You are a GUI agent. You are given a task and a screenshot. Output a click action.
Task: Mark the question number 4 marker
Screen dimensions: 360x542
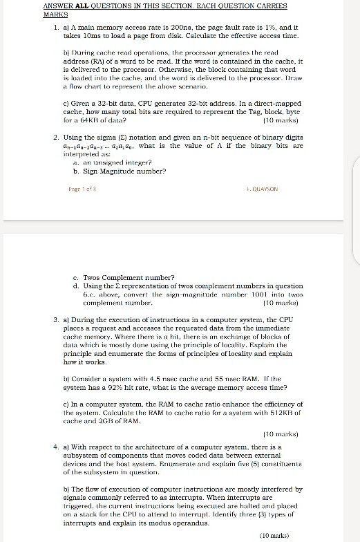point(55,428)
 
